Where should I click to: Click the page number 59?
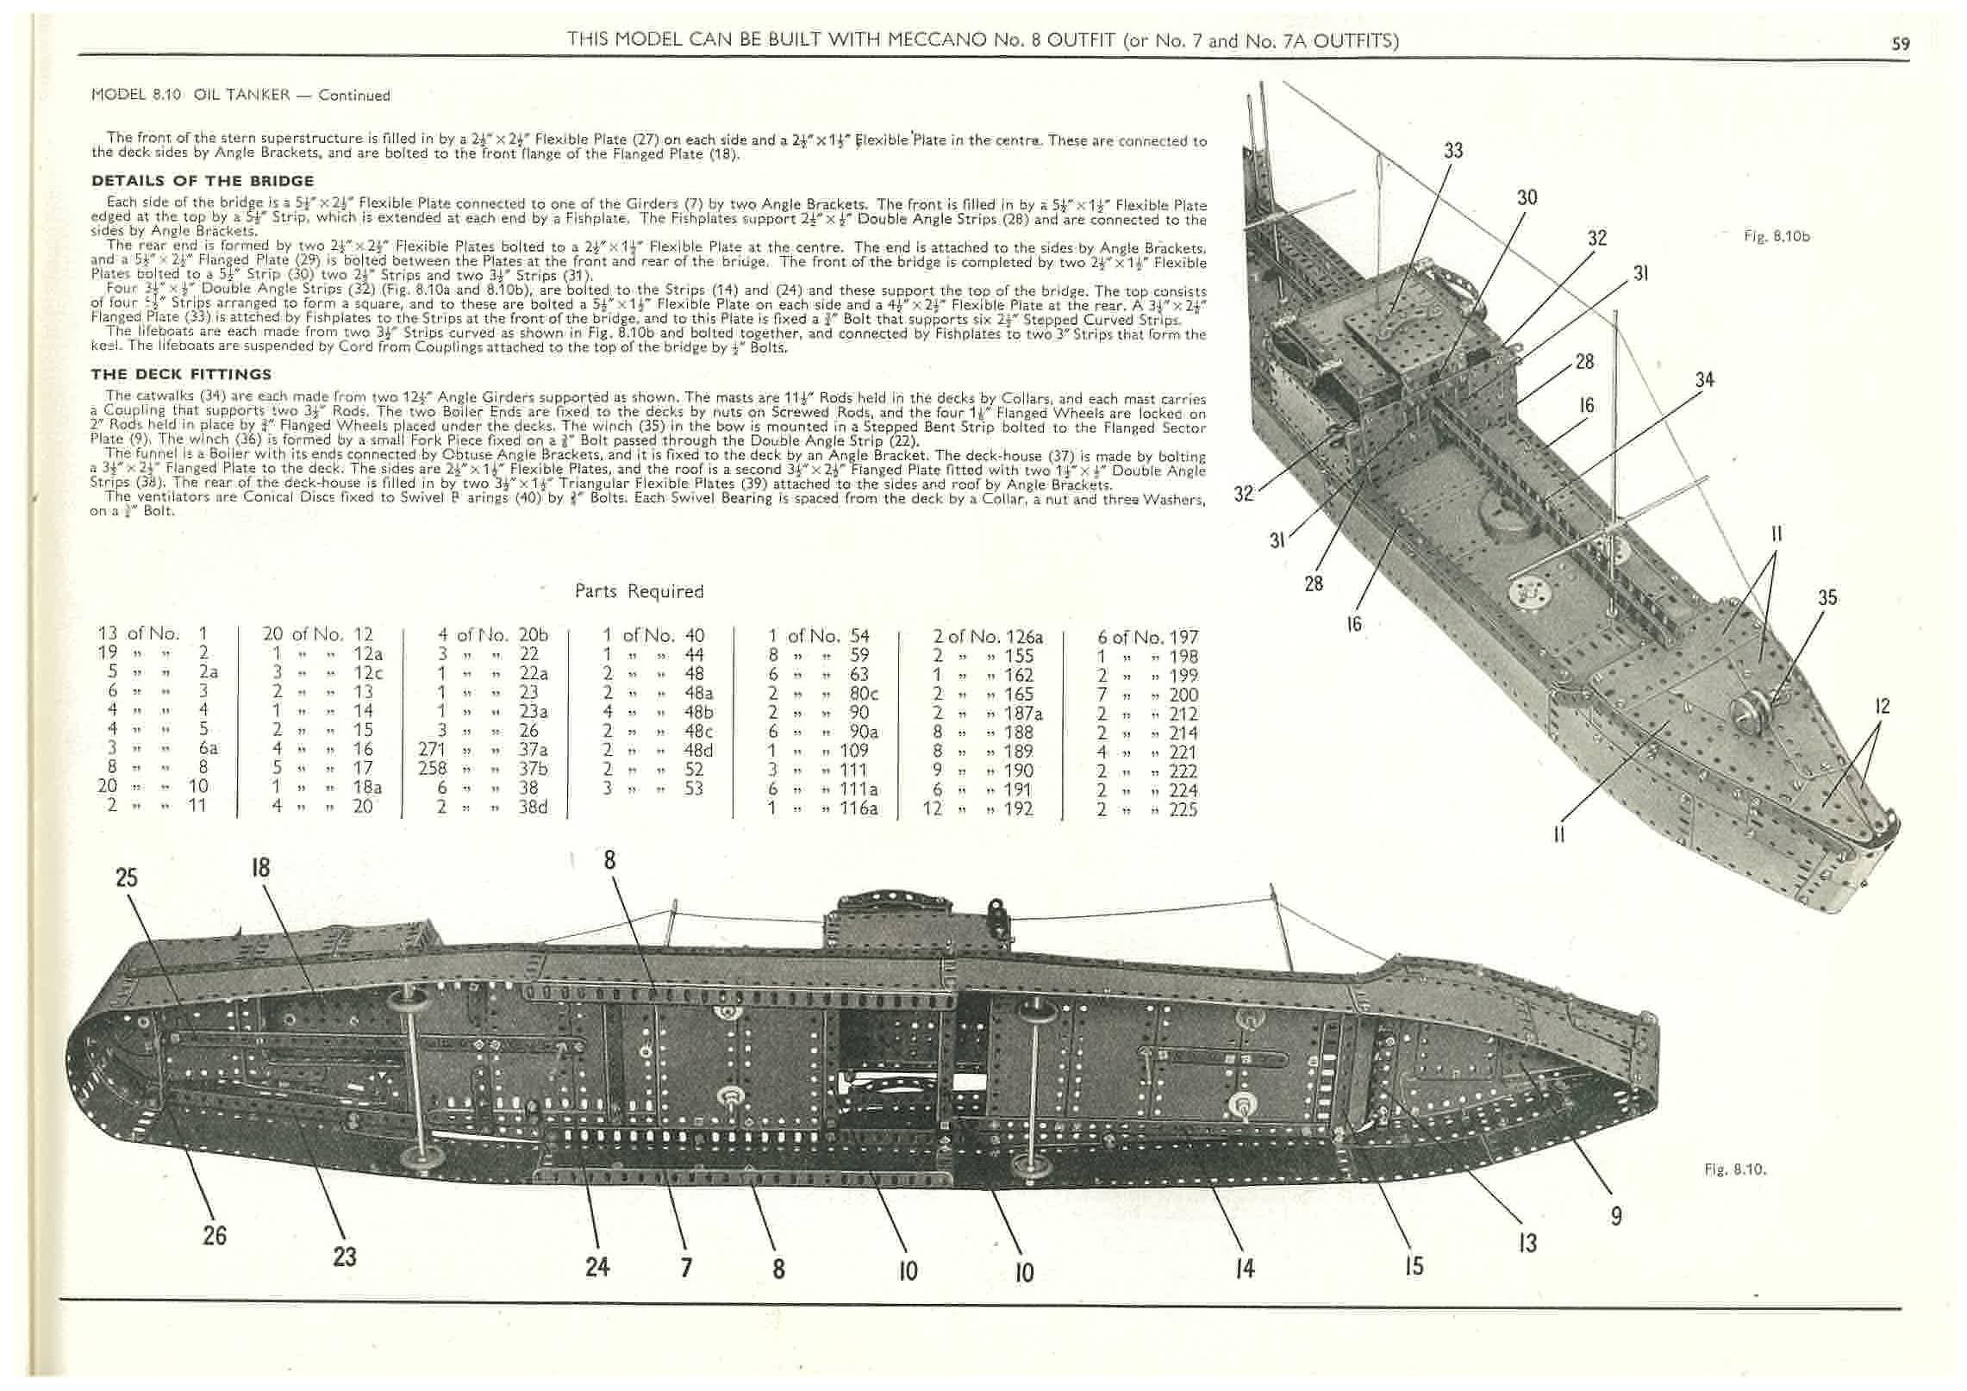pos(1900,44)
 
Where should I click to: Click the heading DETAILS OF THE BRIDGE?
pos(203,181)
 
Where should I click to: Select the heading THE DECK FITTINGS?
pos(181,374)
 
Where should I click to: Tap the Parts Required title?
pos(639,591)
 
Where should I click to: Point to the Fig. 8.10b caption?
pos(1777,236)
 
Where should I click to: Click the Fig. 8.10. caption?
pos(1735,1170)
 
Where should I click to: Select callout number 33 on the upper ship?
pos(1453,150)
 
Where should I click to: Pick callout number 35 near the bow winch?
pos(1826,597)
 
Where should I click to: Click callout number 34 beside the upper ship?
pos(1704,380)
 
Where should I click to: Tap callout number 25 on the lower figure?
pos(127,877)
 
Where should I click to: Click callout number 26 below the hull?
pos(214,1235)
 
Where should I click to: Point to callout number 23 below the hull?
pos(344,1256)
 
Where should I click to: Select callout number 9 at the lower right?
pos(1616,1215)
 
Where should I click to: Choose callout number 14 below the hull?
pos(1245,1268)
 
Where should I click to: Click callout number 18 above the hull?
pos(260,867)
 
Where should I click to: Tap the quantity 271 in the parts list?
pos(433,750)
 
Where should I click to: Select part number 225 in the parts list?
pos(1183,809)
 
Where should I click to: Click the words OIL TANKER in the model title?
pos(241,95)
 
